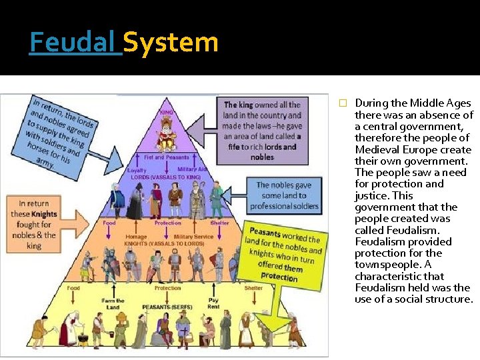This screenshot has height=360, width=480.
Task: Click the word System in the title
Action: (x=171, y=42)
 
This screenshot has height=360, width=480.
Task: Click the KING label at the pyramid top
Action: (x=167, y=113)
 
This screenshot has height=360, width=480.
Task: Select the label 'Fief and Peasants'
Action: (x=167, y=158)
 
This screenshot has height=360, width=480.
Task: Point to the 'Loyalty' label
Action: (x=137, y=170)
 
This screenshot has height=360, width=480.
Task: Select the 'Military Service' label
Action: (x=193, y=237)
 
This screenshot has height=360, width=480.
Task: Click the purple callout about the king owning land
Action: (x=262, y=131)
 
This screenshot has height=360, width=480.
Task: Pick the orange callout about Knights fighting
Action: (x=34, y=225)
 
